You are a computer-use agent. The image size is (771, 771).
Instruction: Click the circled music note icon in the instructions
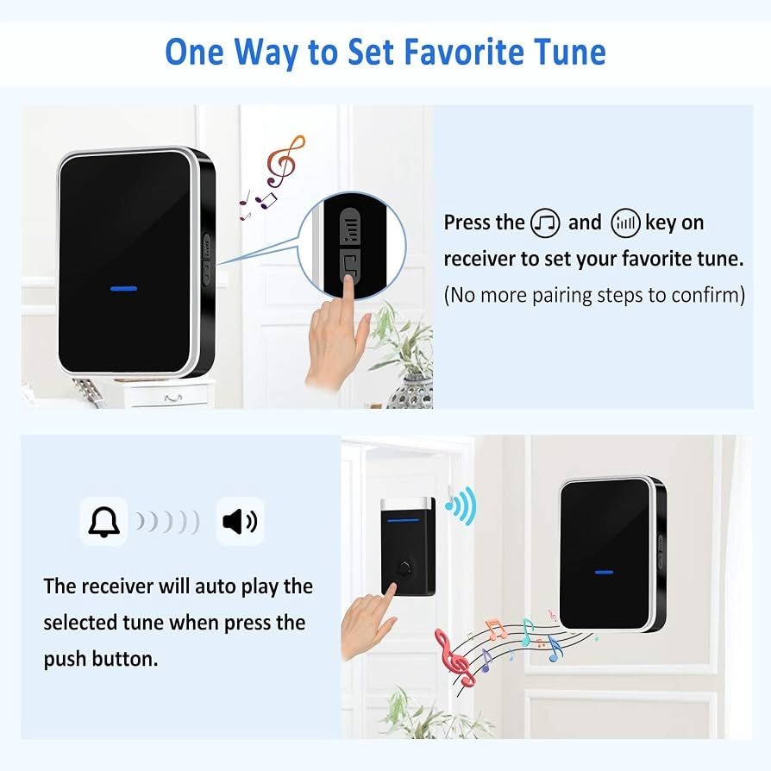[545, 223]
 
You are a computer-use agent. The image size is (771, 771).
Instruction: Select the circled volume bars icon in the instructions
[625, 223]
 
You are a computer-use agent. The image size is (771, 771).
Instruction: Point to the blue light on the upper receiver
[123, 288]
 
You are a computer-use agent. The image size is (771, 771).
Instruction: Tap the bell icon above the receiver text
[103, 521]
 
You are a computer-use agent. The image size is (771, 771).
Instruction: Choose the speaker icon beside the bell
[240, 521]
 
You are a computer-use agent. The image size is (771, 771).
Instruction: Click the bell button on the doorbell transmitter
[404, 569]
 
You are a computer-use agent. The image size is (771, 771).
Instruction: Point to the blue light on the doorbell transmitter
[404, 520]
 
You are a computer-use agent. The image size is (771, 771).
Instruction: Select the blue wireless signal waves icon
[461, 505]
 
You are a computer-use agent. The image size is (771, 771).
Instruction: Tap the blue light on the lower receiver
[604, 573]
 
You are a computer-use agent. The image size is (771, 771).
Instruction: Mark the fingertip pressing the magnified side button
[348, 280]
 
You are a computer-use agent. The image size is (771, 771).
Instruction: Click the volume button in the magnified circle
[350, 226]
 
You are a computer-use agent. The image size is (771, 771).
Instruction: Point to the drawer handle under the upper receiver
[173, 398]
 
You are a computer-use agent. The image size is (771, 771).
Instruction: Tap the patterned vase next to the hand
[411, 391]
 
